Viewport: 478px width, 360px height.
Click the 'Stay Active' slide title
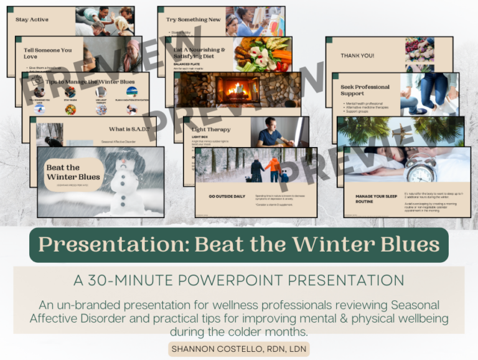click(x=32, y=20)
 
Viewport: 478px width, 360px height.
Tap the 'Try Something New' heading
click(x=193, y=19)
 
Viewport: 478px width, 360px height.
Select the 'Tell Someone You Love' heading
click(x=48, y=53)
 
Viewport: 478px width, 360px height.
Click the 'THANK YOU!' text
click(x=357, y=55)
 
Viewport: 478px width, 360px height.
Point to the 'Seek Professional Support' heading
click(x=365, y=90)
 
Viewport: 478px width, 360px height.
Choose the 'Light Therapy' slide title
click(x=211, y=130)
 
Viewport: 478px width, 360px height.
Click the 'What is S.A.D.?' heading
click(x=129, y=129)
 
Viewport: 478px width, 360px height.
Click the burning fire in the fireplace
click(x=237, y=89)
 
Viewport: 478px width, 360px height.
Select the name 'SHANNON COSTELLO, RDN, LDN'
click(x=239, y=349)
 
